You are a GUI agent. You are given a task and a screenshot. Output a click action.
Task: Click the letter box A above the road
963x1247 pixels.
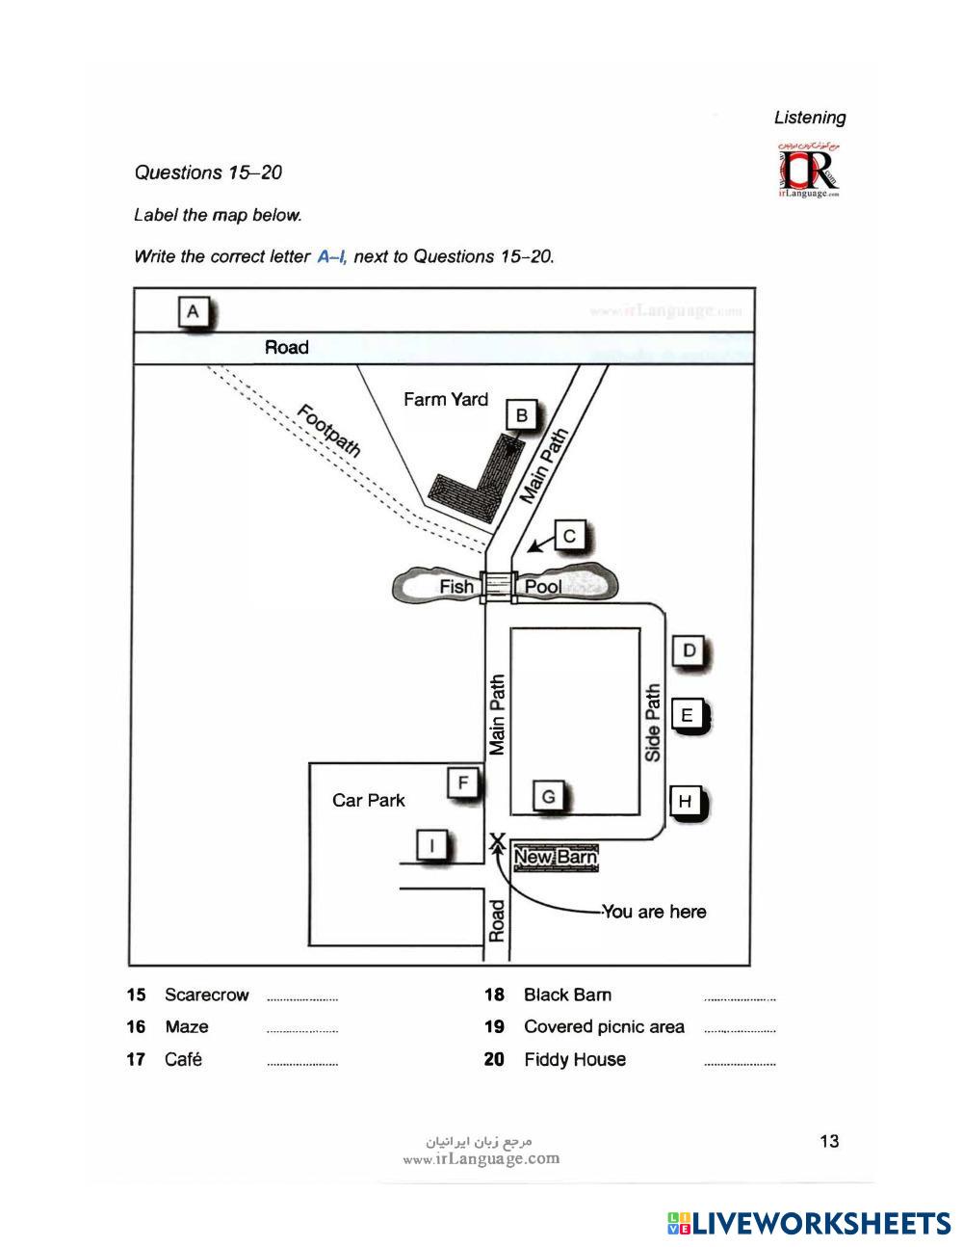[x=194, y=312]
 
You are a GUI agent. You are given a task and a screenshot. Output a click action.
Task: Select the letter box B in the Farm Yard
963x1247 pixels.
[x=522, y=415]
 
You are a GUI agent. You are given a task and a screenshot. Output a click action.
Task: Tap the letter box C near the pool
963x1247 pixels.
[x=570, y=536]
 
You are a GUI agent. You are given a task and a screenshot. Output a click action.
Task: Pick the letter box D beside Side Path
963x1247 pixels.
[x=689, y=650]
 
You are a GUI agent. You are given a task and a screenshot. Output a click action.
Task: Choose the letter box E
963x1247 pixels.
[x=687, y=715]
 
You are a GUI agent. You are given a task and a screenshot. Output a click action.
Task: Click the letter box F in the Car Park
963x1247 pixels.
[x=463, y=783]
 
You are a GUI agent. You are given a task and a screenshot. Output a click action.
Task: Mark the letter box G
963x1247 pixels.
[x=548, y=796]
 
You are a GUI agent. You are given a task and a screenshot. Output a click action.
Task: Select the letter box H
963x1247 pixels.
[x=685, y=801]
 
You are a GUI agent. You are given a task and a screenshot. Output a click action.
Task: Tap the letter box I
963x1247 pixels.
[x=431, y=845]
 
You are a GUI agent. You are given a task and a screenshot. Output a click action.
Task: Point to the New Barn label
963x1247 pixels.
[x=556, y=858]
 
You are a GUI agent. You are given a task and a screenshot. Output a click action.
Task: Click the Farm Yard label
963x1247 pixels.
[x=445, y=399]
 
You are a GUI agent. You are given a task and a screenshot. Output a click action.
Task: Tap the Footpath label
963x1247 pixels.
[x=328, y=431]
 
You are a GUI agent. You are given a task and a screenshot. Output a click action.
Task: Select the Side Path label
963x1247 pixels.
[x=653, y=723]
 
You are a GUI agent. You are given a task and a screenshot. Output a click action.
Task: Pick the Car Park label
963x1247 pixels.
[x=368, y=800]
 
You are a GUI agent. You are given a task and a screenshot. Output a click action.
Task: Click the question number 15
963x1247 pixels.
[x=136, y=995]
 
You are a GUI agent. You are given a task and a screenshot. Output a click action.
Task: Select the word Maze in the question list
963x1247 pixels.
[x=186, y=1027]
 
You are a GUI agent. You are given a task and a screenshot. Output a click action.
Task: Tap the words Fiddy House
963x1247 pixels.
[x=574, y=1059]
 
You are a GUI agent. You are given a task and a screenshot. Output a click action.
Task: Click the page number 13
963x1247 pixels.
[x=828, y=1141]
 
